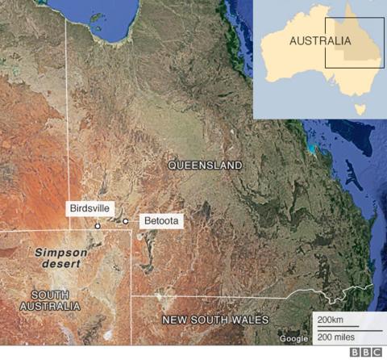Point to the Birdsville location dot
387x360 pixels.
(x=98, y=227)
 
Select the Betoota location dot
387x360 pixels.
(x=126, y=220)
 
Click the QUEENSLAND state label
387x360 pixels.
(x=205, y=165)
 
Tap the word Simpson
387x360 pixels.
(x=60, y=252)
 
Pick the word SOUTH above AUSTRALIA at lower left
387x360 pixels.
(x=51, y=294)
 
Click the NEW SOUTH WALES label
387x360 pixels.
(x=215, y=320)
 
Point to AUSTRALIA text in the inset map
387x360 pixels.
(x=320, y=40)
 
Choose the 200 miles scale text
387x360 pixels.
(x=336, y=335)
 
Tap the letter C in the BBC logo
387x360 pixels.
(x=377, y=353)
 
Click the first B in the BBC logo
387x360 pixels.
(x=355, y=353)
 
